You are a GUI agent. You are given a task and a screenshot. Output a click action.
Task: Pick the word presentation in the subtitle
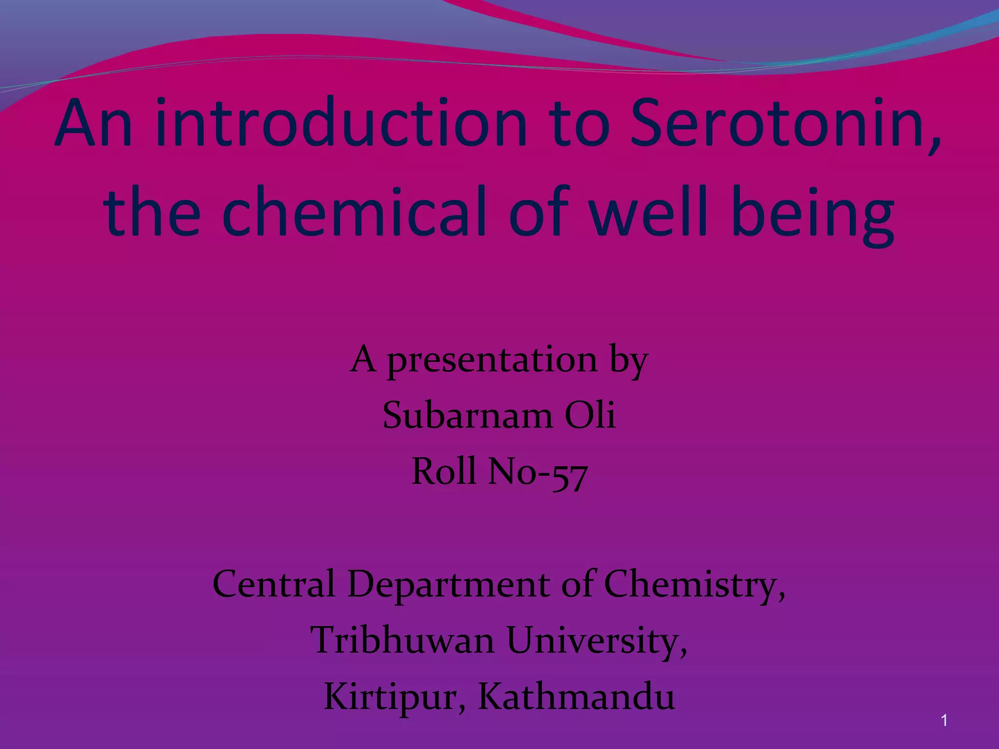point(492,360)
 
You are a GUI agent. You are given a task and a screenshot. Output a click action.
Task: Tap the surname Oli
point(590,415)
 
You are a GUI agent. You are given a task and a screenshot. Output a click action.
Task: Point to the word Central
point(274,584)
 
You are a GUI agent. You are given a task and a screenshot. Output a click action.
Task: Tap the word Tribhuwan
point(402,640)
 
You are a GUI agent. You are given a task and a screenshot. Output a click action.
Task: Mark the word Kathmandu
point(576,697)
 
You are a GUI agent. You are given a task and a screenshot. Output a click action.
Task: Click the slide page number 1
point(944,720)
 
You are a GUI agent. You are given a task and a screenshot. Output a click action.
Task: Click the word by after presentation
point(629,361)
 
